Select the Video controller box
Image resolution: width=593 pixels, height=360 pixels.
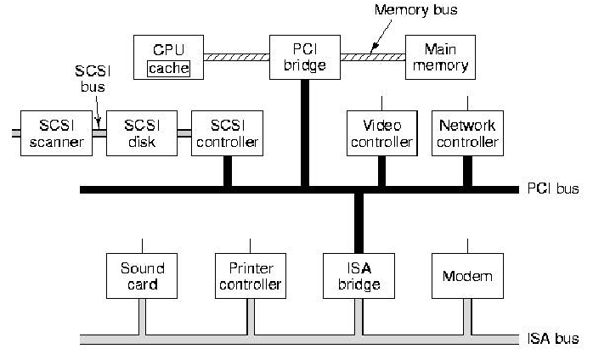point(381,132)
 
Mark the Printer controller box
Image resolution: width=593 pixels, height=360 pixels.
point(250,275)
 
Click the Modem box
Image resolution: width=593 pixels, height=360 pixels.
point(467,275)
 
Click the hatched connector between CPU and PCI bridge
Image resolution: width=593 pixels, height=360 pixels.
point(237,56)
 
